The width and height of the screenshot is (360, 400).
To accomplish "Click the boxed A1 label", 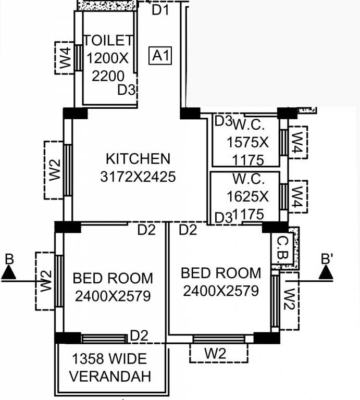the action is (x=160, y=55).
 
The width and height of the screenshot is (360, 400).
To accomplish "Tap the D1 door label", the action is (x=160, y=10).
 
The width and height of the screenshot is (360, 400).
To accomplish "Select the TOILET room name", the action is (x=108, y=40).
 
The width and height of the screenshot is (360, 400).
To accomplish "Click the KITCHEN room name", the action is (x=138, y=159).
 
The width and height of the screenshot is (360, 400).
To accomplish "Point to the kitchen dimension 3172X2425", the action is (x=138, y=177).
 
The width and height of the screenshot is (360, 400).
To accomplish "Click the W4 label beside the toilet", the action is (x=66, y=58).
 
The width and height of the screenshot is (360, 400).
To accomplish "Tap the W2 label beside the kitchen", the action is (x=55, y=170).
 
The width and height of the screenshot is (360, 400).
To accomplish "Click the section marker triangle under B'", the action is (x=326, y=272).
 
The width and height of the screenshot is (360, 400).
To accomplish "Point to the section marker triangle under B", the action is (x=8, y=272).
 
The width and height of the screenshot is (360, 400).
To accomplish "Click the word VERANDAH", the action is (x=110, y=377).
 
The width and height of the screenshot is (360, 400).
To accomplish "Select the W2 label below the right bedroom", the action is (x=215, y=354).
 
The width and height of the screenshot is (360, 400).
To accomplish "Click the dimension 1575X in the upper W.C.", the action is (x=247, y=142).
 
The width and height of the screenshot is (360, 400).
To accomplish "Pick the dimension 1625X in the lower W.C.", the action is (x=247, y=196).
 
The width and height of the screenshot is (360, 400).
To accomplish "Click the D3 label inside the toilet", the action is (x=126, y=90).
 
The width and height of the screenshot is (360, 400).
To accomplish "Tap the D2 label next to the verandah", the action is (x=139, y=335).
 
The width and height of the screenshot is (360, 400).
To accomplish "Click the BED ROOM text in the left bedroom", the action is (x=113, y=278).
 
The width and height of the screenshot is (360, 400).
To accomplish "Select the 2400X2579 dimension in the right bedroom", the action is (x=221, y=291).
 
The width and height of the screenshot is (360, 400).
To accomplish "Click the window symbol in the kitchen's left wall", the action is (x=68, y=170).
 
